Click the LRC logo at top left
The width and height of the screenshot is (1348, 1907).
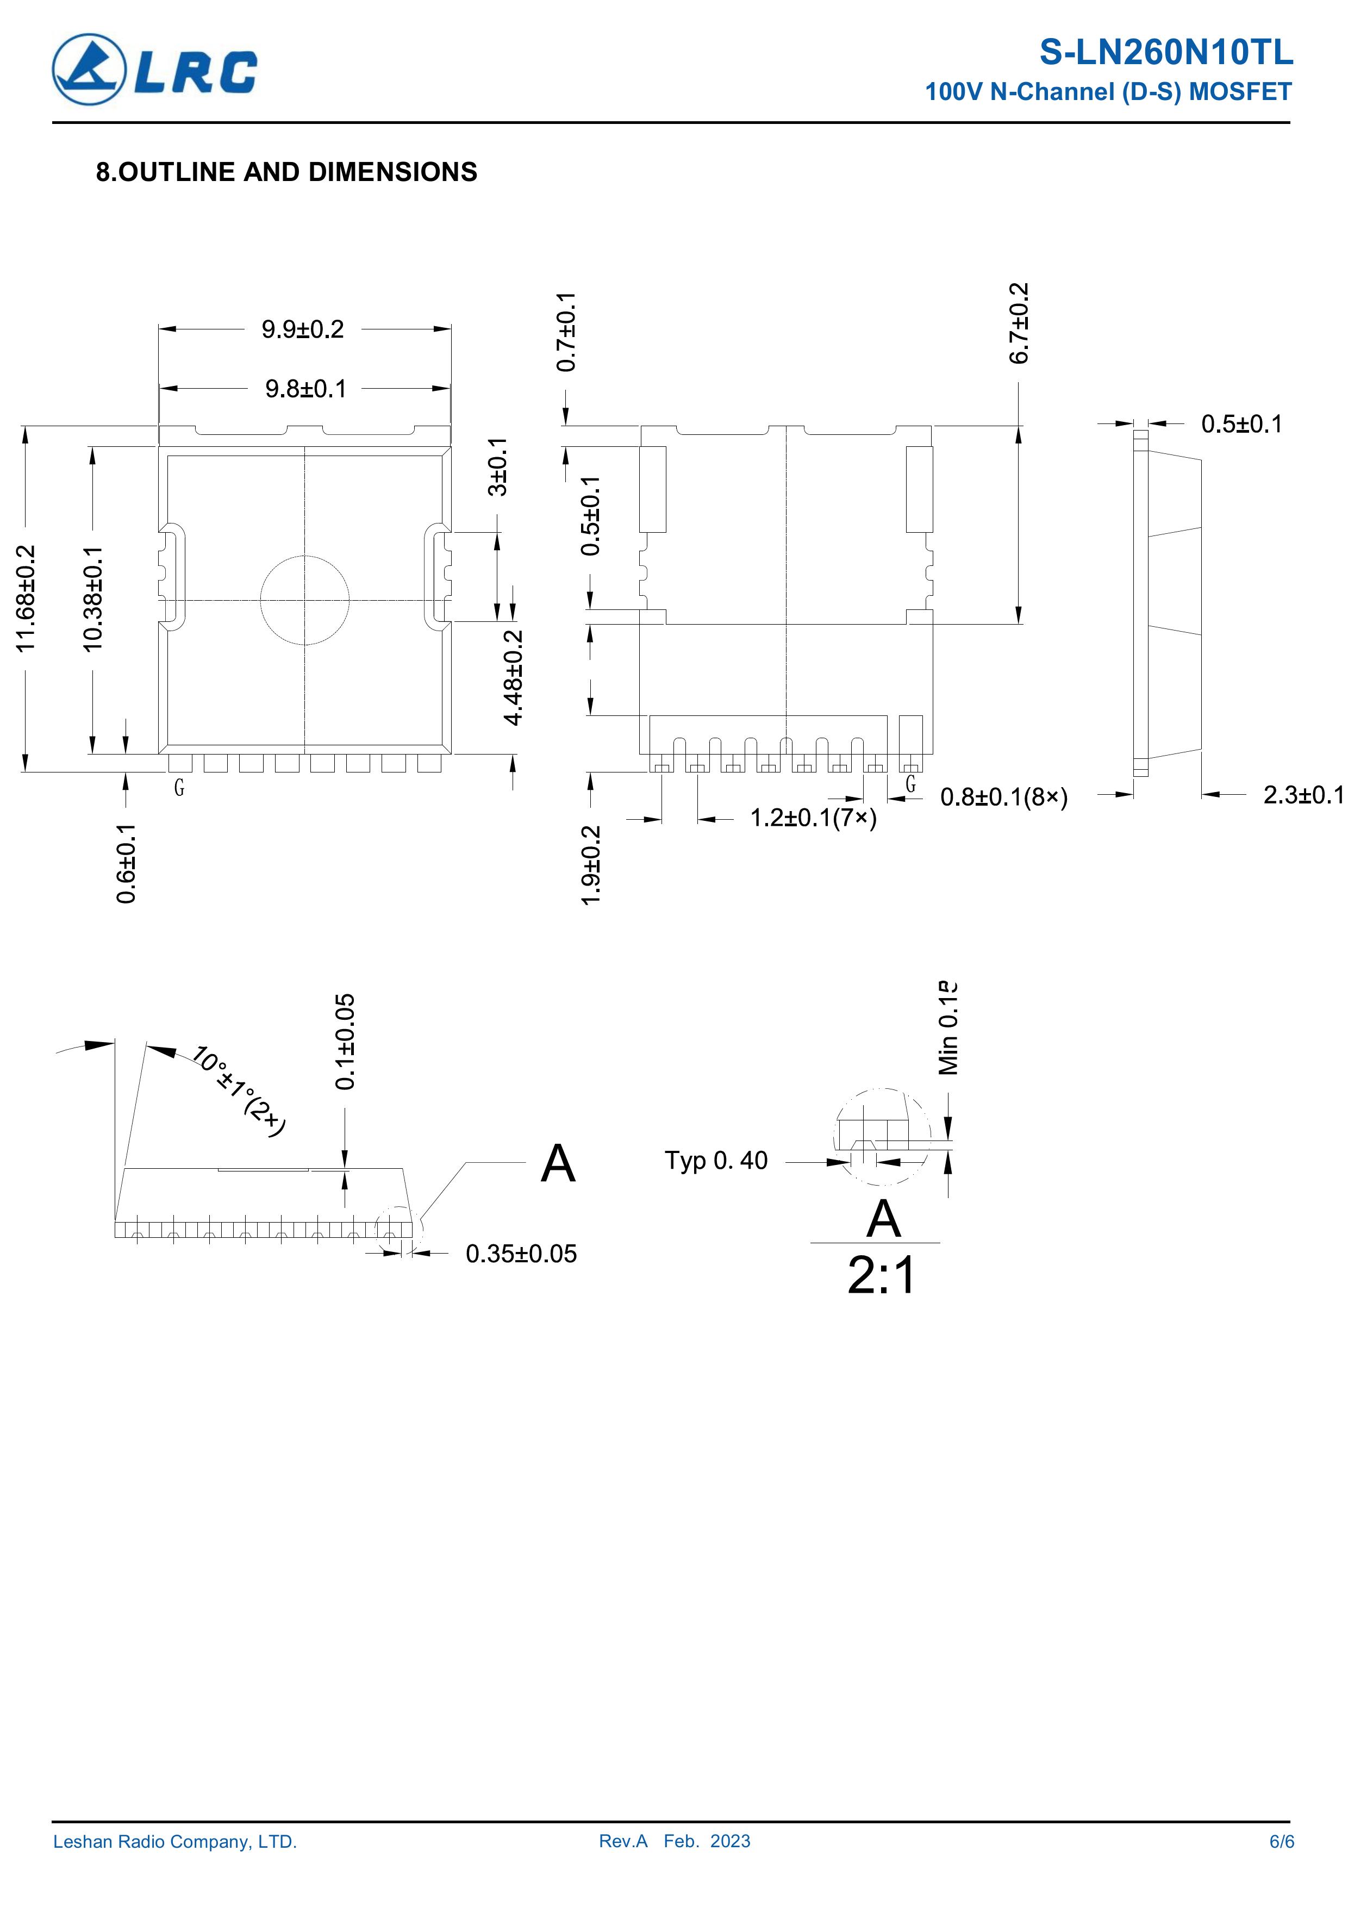coord(154,69)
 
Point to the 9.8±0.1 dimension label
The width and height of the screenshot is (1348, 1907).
coord(305,389)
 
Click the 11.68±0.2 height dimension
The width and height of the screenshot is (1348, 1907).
coord(27,597)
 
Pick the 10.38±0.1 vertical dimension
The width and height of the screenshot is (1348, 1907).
coord(92,598)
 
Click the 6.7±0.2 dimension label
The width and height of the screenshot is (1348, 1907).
coord(1019,323)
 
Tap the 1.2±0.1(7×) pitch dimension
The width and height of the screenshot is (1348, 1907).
coord(813,819)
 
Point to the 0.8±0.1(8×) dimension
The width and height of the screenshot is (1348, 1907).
coord(1004,797)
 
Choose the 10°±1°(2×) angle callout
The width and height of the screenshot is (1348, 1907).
coord(239,1090)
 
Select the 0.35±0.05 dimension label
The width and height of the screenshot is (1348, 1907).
coord(521,1254)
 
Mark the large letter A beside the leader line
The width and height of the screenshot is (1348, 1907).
coord(557,1164)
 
